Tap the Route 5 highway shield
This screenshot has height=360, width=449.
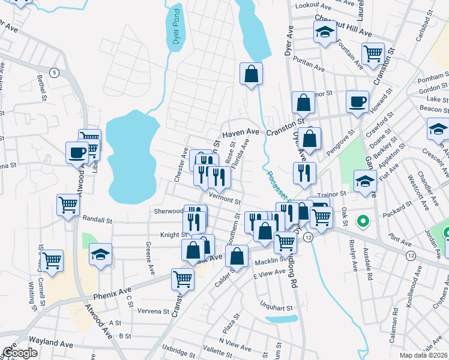[54, 73]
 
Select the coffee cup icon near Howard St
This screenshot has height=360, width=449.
[357, 101]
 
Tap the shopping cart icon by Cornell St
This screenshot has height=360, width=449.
[52, 260]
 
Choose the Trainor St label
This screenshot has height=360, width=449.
[333, 194]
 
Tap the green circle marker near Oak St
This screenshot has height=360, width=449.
[362, 221]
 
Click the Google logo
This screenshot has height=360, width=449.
[20, 353]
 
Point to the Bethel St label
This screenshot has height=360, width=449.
[41, 88]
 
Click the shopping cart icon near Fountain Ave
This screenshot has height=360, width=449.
[372, 53]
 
